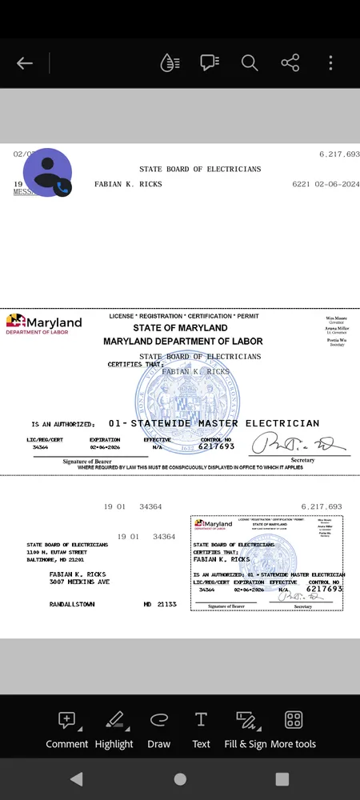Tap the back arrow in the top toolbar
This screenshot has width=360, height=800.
click(25, 63)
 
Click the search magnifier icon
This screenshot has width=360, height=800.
click(250, 63)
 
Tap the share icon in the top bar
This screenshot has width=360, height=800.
click(290, 63)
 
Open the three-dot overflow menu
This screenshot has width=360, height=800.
click(330, 63)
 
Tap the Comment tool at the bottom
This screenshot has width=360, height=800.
click(67, 729)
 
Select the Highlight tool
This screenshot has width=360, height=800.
click(114, 729)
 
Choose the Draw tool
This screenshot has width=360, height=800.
click(159, 729)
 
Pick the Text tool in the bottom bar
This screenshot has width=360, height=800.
click(201, 729)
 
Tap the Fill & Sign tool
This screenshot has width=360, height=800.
click(246, 729)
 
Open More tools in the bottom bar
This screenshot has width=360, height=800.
click(294, 729)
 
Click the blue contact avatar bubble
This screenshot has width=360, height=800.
click(47, 173)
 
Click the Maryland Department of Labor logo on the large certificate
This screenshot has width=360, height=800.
click(44, 324)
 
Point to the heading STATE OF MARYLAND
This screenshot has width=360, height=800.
click(180, 328)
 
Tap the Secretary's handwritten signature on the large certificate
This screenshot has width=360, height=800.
click(299, 444)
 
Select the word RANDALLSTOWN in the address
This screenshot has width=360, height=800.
click(72, 604)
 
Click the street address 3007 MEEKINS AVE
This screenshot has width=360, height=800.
click(79, 582)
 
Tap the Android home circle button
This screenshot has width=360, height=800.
click(180, 778)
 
